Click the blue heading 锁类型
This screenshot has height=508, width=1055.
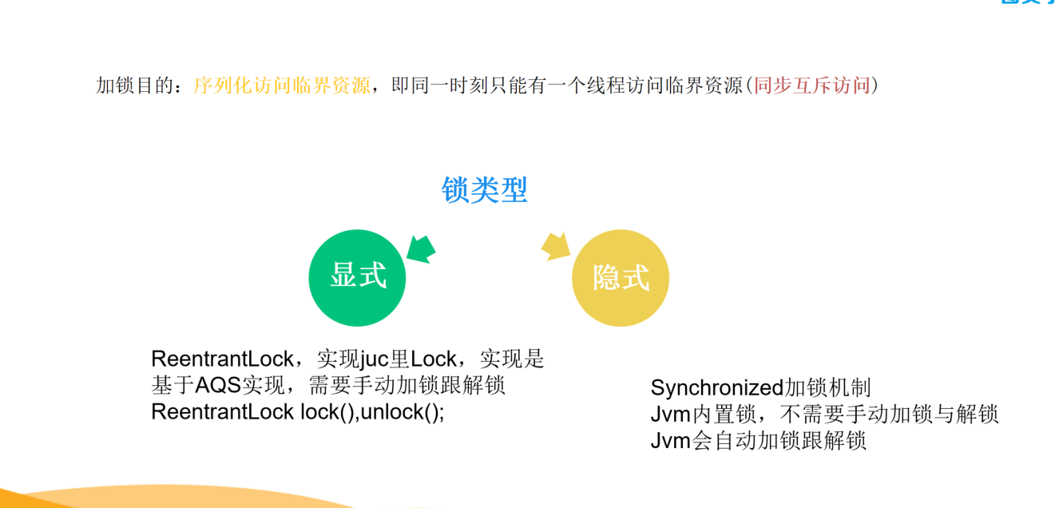(484, 190)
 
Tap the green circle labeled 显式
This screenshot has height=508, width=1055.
(357, 278)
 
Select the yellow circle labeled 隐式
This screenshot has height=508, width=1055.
(621, 278)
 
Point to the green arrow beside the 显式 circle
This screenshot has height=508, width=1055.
(421, 249)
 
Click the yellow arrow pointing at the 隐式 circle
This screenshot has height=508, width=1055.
(556, 246)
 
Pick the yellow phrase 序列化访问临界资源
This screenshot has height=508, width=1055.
(282, 85)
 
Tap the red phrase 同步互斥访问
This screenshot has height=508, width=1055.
(812, 85)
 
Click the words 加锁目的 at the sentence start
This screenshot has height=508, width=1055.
(135, 85)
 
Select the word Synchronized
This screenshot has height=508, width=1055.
(716, 388)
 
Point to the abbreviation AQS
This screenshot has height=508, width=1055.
(217, 385)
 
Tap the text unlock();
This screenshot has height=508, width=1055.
(403, 412)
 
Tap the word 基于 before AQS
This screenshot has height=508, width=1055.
(173, 385)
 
